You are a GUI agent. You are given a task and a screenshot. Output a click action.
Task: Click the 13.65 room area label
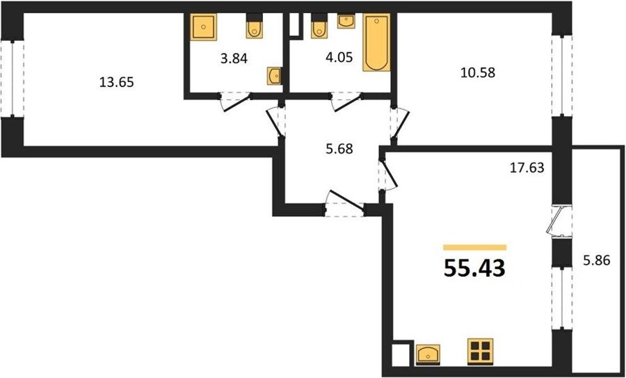pos(116,83)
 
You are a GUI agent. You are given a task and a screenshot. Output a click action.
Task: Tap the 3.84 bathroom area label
pos(234,58)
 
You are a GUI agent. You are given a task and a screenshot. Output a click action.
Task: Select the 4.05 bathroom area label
pos(339,58)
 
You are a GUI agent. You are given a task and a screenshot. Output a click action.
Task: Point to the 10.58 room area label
pos(477,72)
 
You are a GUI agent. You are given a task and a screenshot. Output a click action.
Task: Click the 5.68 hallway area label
pos(339,149)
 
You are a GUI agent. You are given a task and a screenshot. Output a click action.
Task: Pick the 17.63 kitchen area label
pos(527,168)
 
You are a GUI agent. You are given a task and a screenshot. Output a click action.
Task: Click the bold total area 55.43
pos(474,268)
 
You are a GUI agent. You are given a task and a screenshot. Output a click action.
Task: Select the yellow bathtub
pos(376,42)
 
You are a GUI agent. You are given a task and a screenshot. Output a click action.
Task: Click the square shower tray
pos(204,27)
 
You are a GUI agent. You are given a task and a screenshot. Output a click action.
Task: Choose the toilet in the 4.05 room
pos(319,26)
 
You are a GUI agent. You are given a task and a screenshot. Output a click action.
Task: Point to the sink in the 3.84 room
pos(274,76)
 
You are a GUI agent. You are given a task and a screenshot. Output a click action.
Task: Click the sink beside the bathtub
pos(346,21)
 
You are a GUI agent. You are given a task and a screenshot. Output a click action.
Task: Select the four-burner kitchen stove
pos(480,351)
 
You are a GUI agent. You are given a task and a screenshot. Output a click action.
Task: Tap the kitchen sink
pos(428,354)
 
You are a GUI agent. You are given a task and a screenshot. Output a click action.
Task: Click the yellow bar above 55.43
pos(474,247)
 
